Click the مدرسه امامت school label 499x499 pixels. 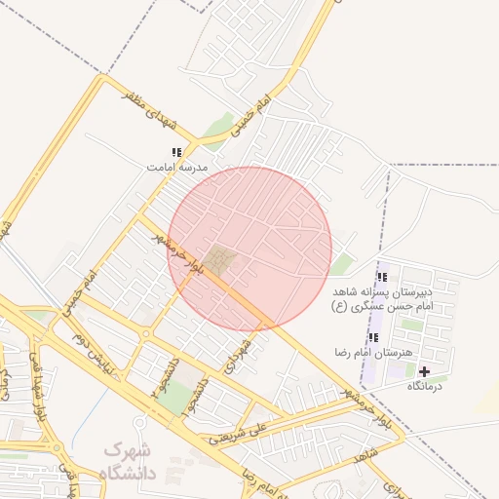click(177, 167)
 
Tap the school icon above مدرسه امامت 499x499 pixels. click(176, 152)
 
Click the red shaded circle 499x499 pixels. click(250, 248)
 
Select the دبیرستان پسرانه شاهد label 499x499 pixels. click(381, 291)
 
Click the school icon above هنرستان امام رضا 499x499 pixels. click(373, 337)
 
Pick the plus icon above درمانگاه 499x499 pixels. click(424, 371)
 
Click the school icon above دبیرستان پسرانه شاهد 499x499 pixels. click(381, 277)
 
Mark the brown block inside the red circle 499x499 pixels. click(222, 261)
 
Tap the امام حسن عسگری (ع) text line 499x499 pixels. click(380, 305)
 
